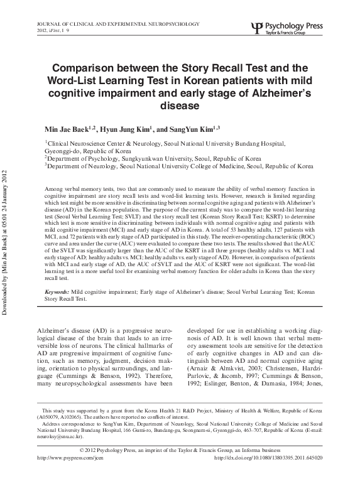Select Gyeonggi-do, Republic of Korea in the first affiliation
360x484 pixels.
(x=88, y=151)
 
